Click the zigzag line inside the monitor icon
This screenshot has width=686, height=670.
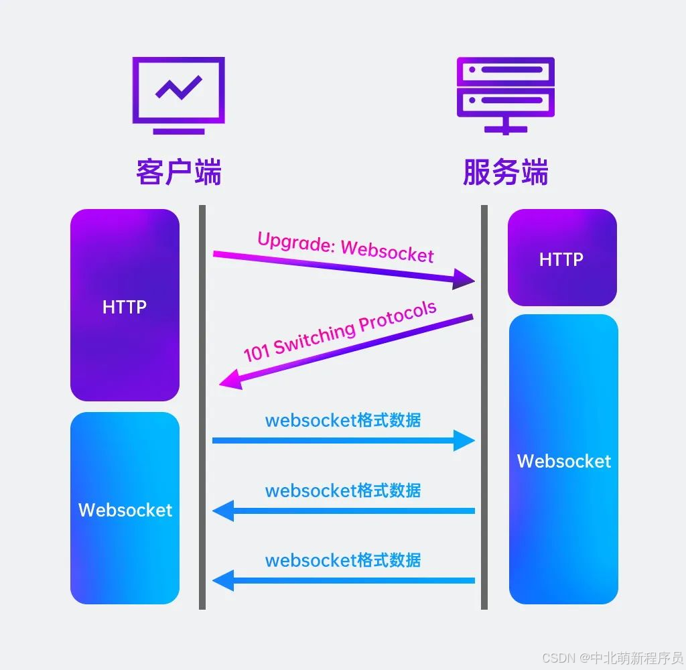coord(178,88)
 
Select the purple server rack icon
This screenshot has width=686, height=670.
coord(505,94)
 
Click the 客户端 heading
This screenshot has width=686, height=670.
coord(178,172)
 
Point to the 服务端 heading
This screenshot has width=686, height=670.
coord(505,172)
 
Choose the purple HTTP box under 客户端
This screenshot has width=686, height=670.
coord(125,306)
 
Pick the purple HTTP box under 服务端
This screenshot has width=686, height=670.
coord(561,258)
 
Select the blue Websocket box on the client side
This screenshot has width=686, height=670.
coord(125,509)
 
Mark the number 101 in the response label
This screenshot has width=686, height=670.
coord(256,351)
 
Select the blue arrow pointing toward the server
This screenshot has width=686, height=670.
coord(343,440)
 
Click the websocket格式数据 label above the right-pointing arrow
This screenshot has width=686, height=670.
coord(343,420)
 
